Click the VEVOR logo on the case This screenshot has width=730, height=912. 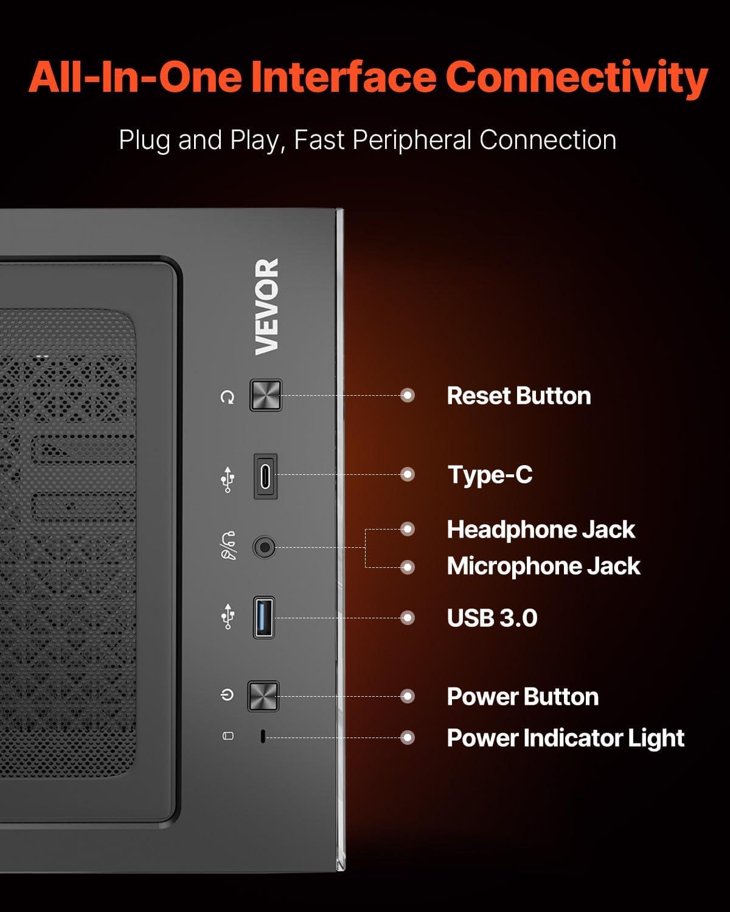click(267, 306)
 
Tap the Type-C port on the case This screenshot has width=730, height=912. click(265, 476)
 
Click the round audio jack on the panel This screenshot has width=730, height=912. click(264, 547)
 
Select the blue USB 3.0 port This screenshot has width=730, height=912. click(264, 618)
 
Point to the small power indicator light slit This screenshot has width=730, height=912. click(262, 737)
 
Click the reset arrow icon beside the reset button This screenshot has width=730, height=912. click(228, 398)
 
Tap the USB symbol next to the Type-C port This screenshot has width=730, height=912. click(228, 479)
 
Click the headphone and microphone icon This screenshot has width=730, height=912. click(228, 545)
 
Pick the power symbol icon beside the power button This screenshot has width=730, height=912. click(227, 694)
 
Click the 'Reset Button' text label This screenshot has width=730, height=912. click(518, 396)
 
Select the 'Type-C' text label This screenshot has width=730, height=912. click(490, 475)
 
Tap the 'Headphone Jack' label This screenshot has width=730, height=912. click(541, 530)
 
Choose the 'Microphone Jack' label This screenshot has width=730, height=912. click(543, 567)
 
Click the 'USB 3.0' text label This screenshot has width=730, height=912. click(492, 618)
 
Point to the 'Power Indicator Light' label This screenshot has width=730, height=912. click(565, 738)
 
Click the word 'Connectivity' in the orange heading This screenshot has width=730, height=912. click(576, 78)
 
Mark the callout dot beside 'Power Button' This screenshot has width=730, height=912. click(408, 696)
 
